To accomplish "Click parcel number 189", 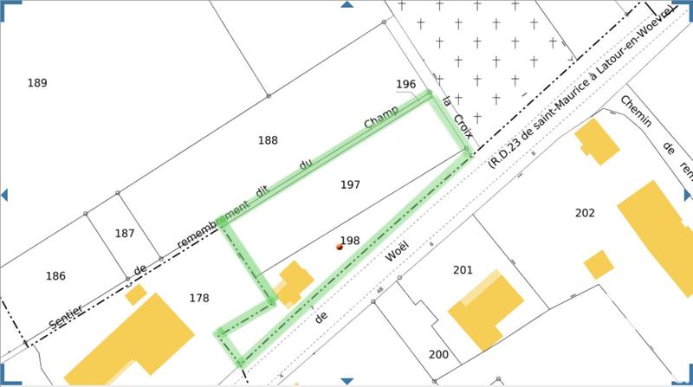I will pyautogui.click(x=36, y=83).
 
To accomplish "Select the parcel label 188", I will pyautogui.click(x=268, y=140).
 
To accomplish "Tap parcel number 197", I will pyautogui.click(x=350, y=184).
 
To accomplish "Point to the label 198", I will pyautogui.click(x=350, y=241).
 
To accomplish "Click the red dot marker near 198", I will pyautogui.click(x=340, y=247).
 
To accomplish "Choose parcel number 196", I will pyautogui.click(x=405, y=84).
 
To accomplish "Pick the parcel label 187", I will pyautogui.click(x=125, y=233).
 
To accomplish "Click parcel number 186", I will pyautogui.click(x=55, y=276).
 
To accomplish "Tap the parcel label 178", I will pyautogui.click(x=199, y=298).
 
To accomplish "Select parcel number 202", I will pyautogui.click(x=585, y=213).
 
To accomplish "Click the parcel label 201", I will pyautogui.click(x=463, y=270).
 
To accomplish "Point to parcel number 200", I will pyautogui.click(x=438, y=355).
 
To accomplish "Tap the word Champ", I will pyautogui.click(x=380, y=119).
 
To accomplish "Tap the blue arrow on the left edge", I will pyautogui.click(x=4, y=193).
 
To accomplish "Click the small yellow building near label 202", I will pyautogui.click(x=598, y=264).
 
